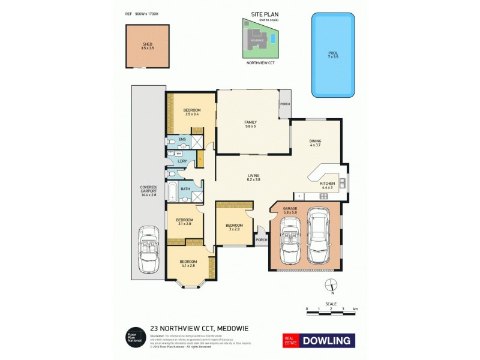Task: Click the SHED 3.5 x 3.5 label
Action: pos(147,46)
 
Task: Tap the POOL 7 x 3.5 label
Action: pos(332,55)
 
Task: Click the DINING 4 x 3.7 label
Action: pos(315,143)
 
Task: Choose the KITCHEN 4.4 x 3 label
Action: pos(327,185)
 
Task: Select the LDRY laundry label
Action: pos(181,161)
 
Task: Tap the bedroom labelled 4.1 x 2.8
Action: pos(188,264)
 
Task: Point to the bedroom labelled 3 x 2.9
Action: pos(233,227)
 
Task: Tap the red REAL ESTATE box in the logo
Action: pos(292,340)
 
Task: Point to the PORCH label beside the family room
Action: pos(284,104)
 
